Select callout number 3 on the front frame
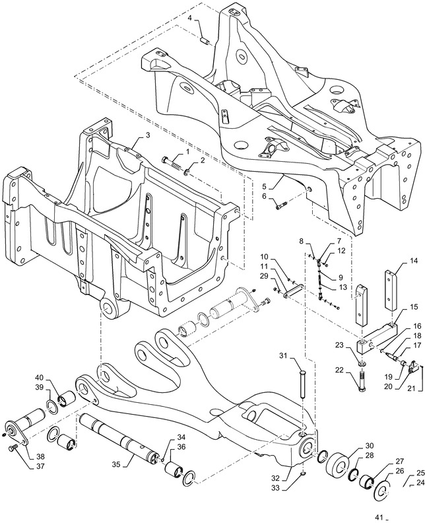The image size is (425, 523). pyautogui.click(x=148, y=135)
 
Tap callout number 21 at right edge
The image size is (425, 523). pyautogui.click(x=410, y=388)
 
